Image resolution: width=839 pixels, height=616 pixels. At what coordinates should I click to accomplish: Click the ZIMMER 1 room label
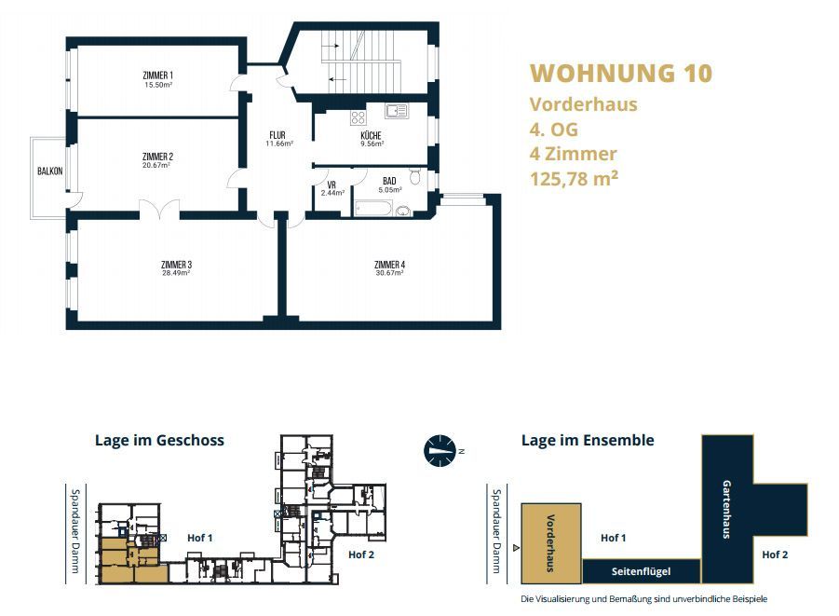[x=158, y=75]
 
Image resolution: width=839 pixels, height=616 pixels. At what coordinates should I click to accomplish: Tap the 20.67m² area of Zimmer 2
[x=156, y=166]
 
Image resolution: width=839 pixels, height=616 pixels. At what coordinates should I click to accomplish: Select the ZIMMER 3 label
[x=176, y=265]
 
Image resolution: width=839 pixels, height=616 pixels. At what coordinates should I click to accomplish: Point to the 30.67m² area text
[x=389, y=273]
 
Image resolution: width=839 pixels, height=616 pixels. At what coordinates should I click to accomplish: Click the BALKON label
[x=49, y=171]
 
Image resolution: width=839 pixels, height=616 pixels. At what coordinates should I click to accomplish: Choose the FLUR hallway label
[x=277, y=135]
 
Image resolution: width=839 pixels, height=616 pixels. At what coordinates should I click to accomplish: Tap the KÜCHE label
[x=371, y=135]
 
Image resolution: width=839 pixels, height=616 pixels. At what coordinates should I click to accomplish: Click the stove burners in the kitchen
[x=358, y=117]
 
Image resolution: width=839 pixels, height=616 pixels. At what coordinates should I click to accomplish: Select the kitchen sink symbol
[x=397, y=112]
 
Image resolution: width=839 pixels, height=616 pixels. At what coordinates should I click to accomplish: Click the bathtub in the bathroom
[x=373, y=208]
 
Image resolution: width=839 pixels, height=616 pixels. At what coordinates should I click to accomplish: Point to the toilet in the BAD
[x=414, y=176]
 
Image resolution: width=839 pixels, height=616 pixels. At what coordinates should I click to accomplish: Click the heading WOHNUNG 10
[x=621, y=74]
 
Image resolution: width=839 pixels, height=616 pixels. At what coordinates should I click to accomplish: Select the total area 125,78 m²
[x=574, y=178]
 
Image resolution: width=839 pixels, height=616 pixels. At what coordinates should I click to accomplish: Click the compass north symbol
[x=440, y=450]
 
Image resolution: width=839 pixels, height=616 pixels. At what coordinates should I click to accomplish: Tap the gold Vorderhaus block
[x=551, y=543]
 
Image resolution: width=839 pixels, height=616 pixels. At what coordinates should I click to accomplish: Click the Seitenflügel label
[x=641, y=571]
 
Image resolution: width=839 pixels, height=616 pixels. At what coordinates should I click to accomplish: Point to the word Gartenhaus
[x=726, y=509]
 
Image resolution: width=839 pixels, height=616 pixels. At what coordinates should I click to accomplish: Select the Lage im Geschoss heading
[x=159, y=440]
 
